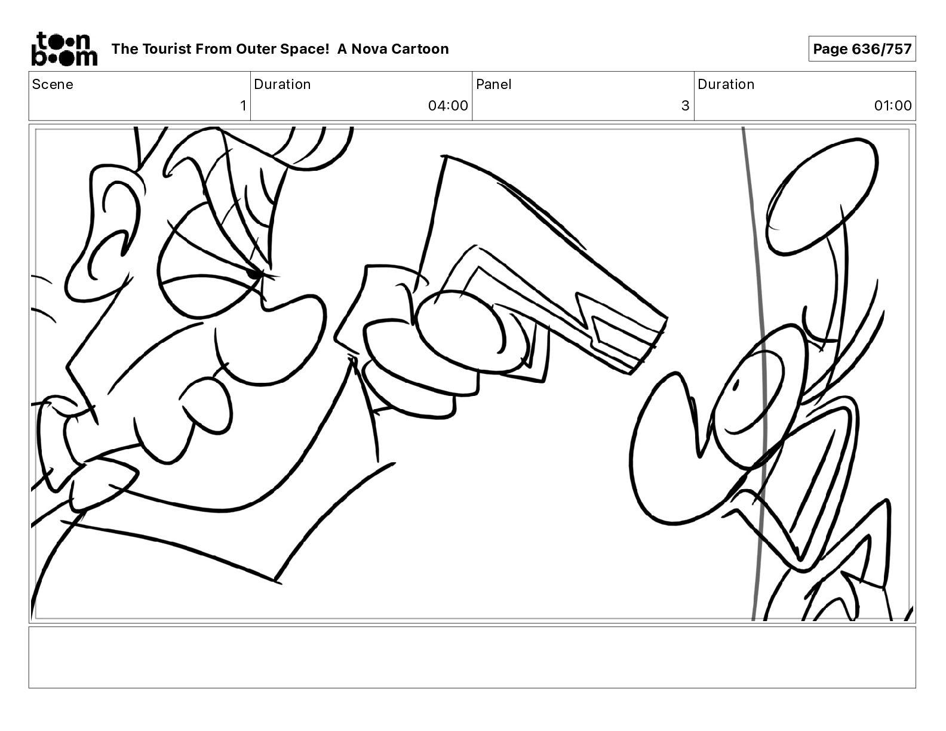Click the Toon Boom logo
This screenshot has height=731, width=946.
[x=64, y=49]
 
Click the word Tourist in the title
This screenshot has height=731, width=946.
[x=167, y=49]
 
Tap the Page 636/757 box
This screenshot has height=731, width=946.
[x=862, y=49]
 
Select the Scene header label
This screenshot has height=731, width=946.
[x=53, y=84]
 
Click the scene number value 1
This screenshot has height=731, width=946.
[x=243, y=105]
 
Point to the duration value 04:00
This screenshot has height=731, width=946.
[x=448, y=105]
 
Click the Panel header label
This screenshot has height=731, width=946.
[x=494, y=84]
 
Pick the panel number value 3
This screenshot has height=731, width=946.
[x=685, y=105]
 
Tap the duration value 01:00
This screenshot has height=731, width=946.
[x=893, y=105]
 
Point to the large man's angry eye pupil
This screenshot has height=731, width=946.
[x=254, y=274]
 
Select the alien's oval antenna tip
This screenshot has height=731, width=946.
[x=822, y=196]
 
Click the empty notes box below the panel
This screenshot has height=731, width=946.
[x=472, y=658]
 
